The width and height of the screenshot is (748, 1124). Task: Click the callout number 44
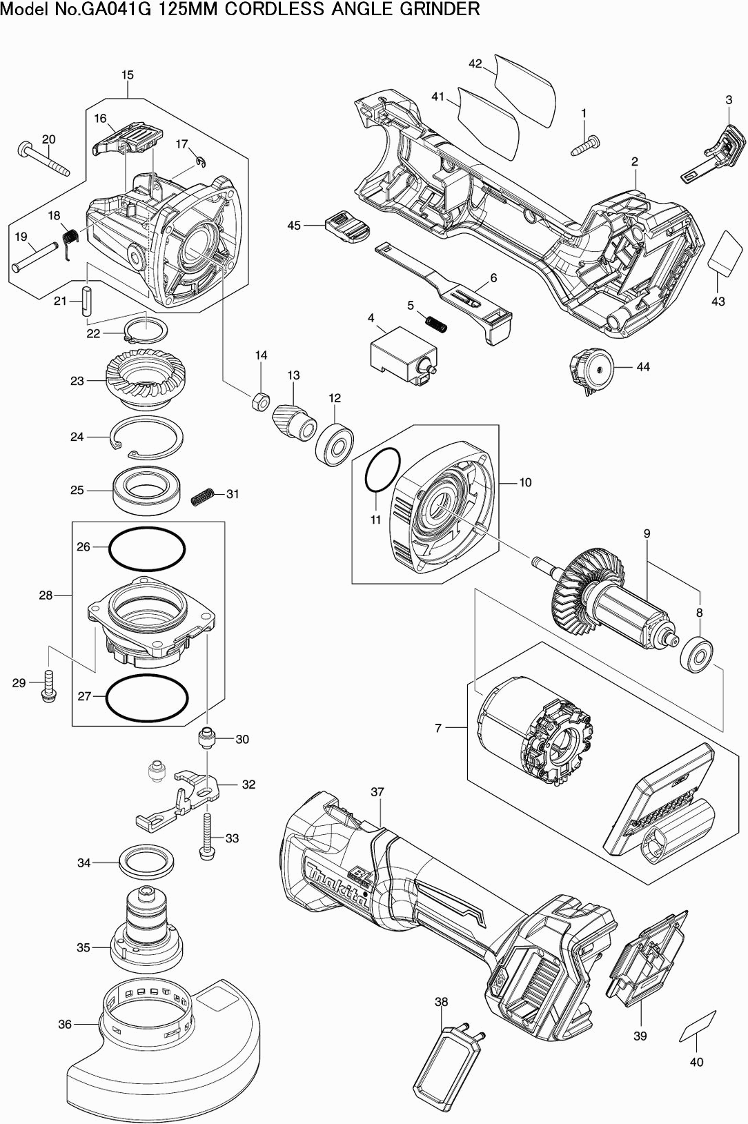tap(642, 366)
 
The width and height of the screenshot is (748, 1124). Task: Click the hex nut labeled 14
tap(261, 400)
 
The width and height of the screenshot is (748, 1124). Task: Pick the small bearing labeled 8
tap(696, 653)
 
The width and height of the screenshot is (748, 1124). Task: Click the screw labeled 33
tap(206, 836)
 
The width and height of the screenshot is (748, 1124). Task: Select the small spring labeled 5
tap(435, 322)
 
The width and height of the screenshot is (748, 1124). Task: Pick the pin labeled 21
tap(86, 301)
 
